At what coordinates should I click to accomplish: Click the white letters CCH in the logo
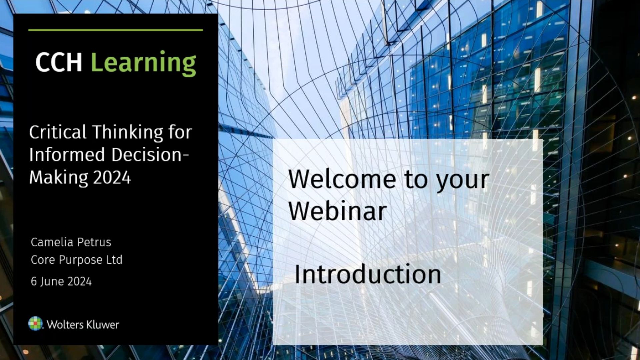point(59,62)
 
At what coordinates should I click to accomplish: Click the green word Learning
point(143,63)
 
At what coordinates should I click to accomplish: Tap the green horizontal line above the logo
point(116,30)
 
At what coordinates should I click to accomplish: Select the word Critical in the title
point(58,132)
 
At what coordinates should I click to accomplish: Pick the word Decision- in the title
point(150,155)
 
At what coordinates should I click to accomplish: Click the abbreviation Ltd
point(114,260)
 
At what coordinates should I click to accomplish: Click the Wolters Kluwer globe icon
point(36,323)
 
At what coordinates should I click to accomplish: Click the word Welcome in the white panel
point(342,179)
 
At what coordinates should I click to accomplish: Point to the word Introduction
point(368,274)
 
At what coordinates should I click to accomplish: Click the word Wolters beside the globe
point(65,325)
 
